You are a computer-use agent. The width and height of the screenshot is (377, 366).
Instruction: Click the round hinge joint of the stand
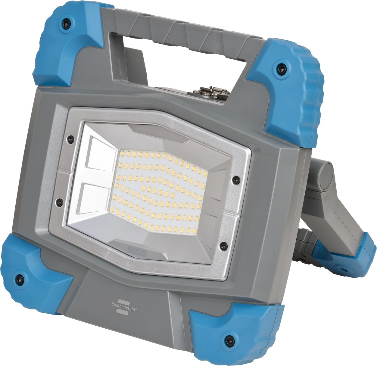click(x=325, y=178)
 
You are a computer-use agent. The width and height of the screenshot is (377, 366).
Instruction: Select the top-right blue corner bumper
click(x=289, y=87)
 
